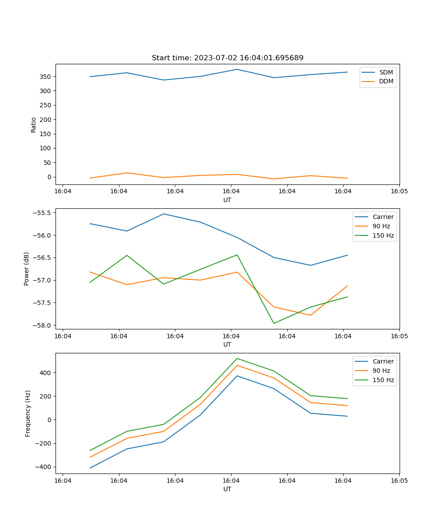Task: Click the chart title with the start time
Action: (227, 58)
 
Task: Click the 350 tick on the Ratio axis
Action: (46, 77)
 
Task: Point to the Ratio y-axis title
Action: (34, 125)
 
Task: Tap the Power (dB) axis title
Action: (27, 269)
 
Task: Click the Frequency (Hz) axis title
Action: (28, 413)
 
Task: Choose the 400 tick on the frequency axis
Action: (46, 373)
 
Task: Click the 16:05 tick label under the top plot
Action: (399, 192)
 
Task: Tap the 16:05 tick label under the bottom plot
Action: (399, 481)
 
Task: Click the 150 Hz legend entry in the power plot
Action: (383, 235)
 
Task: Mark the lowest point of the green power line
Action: (274, 323)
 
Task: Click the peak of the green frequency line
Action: (237, 358)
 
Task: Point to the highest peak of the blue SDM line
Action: (237, 69)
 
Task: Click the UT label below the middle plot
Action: (227, 344)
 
